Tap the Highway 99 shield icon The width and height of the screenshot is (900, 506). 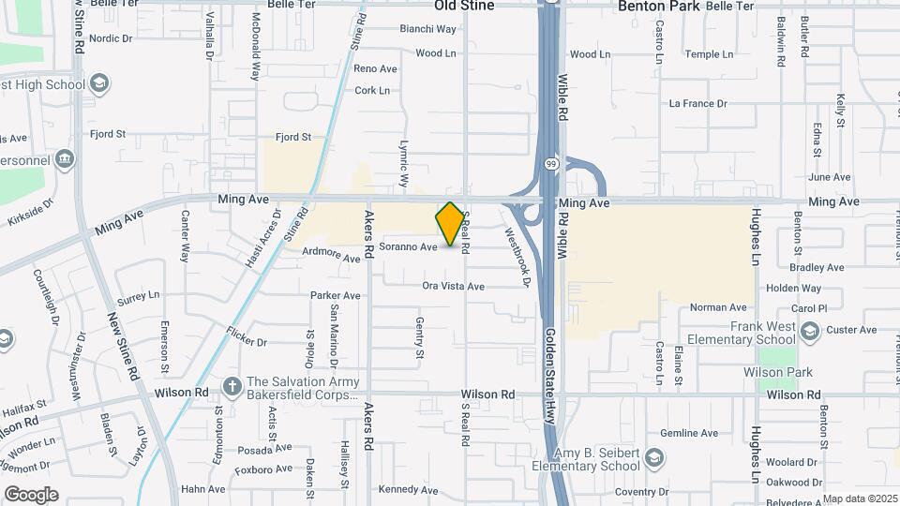[551, 162]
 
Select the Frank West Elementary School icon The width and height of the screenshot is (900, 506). [811, 330]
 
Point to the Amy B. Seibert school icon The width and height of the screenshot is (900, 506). [653, 457]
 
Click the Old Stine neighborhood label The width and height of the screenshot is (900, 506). [464, 6]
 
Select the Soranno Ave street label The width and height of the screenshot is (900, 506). [409, 247]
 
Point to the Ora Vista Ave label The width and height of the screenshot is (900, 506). [453, 286]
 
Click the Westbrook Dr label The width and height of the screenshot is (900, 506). [517, 257]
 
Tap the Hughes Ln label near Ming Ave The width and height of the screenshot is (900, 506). [757, 231]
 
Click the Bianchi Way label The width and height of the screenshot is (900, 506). [427, 29]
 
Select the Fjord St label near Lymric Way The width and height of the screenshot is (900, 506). [293, 138]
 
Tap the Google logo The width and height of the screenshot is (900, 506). [30, 494]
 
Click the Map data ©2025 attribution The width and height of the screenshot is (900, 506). [860, 499]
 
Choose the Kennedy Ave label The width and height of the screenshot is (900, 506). [403, 489]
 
